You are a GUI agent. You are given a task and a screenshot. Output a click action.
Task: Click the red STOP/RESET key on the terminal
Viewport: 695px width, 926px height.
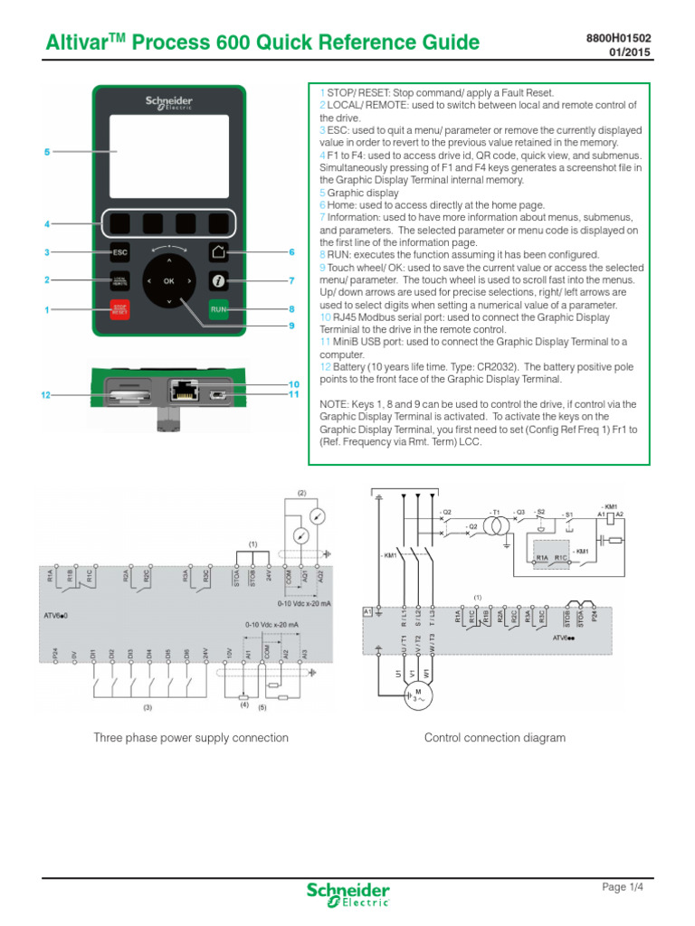coord(119,309)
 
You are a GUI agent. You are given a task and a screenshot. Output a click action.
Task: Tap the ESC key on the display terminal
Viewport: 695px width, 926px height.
coord(119,252)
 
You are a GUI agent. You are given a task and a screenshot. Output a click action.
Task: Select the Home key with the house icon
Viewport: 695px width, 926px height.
coord(217,252)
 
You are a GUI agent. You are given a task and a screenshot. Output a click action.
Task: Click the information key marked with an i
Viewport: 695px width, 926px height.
coord(217,281)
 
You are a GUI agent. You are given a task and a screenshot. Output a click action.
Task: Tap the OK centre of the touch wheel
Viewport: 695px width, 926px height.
coord(168,281)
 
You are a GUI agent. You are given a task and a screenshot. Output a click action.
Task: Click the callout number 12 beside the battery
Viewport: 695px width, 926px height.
coord(46,395)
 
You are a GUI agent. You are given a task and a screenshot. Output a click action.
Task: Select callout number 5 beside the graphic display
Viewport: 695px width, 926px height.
coord(46,152)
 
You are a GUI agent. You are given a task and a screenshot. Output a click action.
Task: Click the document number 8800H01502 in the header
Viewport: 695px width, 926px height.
coord(620,37)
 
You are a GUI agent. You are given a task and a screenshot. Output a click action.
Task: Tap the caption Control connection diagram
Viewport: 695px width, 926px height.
coord(495,738)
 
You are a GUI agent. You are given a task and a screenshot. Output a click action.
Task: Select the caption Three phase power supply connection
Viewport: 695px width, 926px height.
coord(191,738)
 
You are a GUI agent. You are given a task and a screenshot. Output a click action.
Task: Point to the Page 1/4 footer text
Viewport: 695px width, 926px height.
coord(624,887)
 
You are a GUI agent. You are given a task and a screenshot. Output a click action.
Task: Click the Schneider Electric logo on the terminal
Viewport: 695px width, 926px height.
coord(168,103)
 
